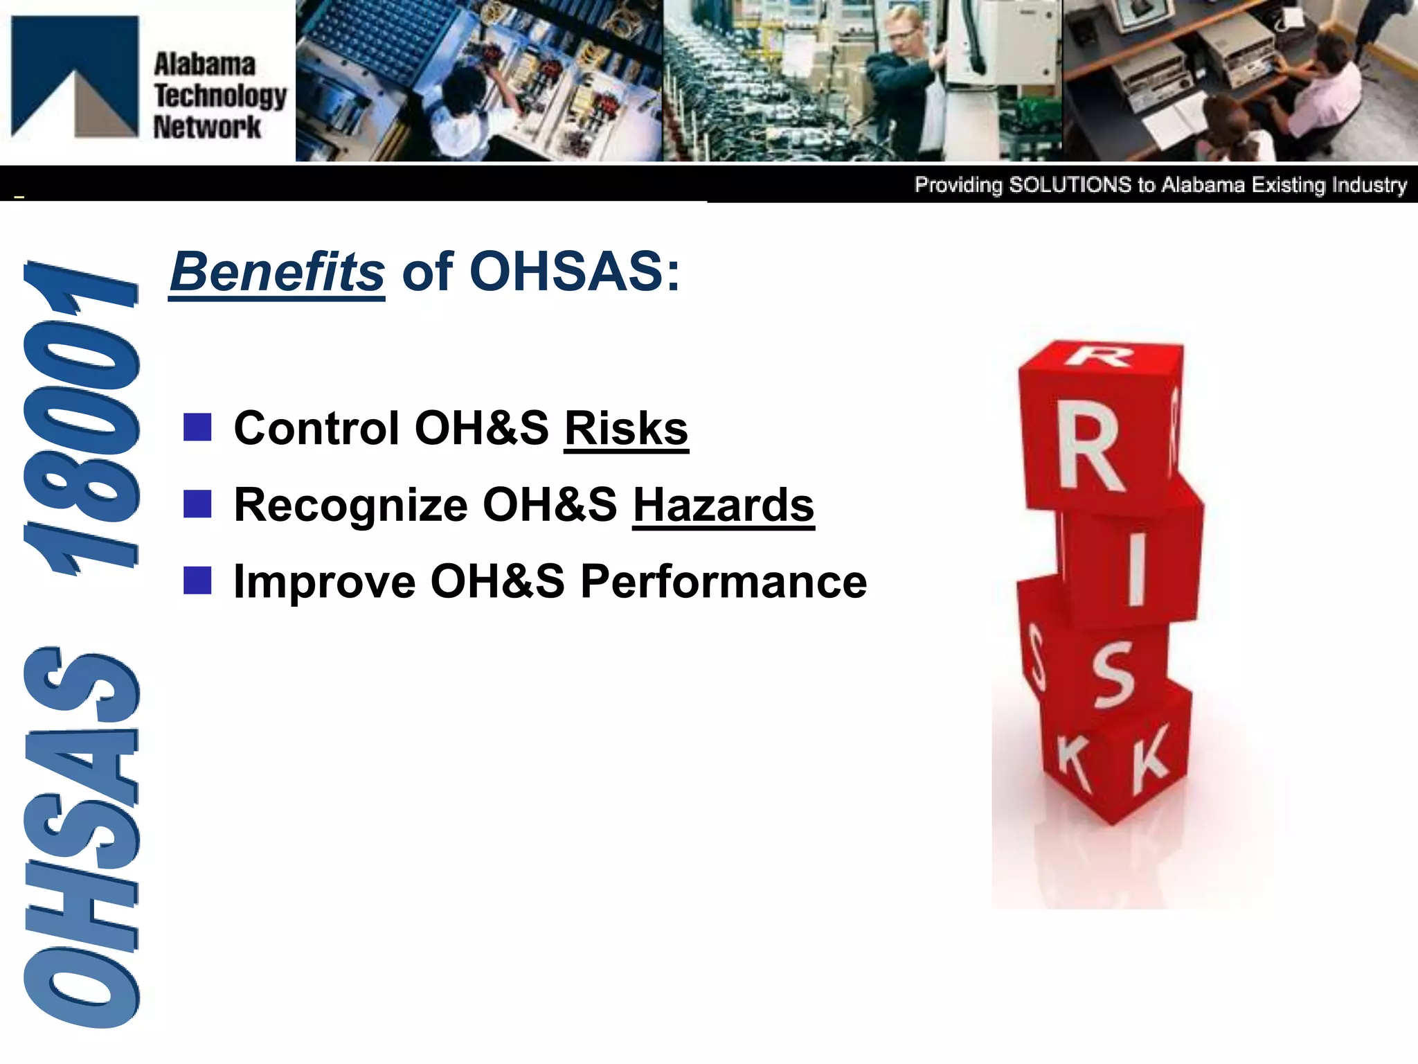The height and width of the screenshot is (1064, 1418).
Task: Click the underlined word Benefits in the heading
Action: coord(277,272)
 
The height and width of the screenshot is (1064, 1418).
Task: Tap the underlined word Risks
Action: coord(626,428)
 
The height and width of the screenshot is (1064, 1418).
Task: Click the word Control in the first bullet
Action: coord(316,428)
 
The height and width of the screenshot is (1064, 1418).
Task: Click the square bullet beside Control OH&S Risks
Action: coord(197,427)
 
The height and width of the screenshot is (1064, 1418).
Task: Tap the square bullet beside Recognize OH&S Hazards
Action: coord(197,504)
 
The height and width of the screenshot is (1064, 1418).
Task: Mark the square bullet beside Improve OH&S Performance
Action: coord(197,580)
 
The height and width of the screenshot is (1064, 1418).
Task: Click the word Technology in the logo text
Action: coord(220,96)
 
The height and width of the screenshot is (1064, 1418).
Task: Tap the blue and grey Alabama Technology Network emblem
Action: coord(75,76)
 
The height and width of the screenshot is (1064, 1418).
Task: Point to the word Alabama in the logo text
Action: coord(204,64)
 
